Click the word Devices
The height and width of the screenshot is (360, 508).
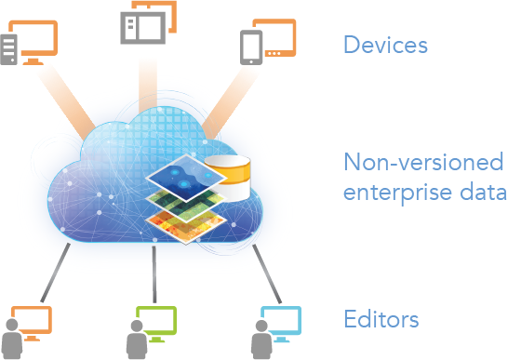385,45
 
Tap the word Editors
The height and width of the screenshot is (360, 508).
381,320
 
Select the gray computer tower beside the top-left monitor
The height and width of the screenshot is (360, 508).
8,50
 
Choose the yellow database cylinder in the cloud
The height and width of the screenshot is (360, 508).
229,179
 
